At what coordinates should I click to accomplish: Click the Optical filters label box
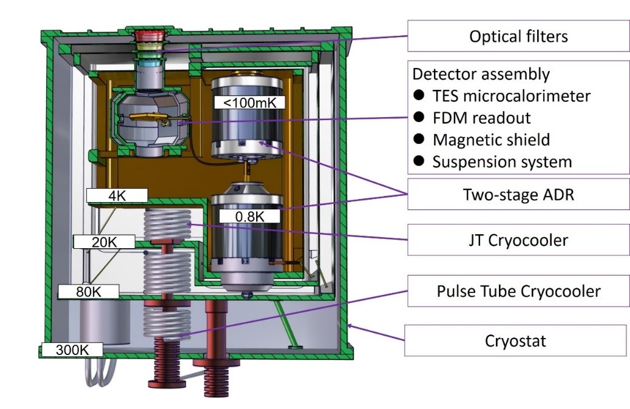(x=518, y=36)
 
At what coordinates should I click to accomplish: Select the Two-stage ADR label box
(x=518, y=195)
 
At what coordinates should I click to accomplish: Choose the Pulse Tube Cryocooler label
(x=518, y=291)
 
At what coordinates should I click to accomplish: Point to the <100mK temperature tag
(x=249, y=103)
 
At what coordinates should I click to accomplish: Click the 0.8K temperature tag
(x=249, y=216)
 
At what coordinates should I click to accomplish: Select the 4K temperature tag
(x=117, y=195)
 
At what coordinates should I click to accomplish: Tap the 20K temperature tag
(x=103, y=242)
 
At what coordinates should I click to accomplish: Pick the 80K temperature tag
(x=88, y=292)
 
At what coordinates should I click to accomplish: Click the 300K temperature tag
(x=71, y=350)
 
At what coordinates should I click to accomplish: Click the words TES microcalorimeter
(x=512, y=96)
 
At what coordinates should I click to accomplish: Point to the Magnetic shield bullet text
(x=491, y=140)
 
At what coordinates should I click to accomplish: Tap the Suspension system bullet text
(x=502, y=162)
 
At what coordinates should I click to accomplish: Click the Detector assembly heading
(x=481, y=74)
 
